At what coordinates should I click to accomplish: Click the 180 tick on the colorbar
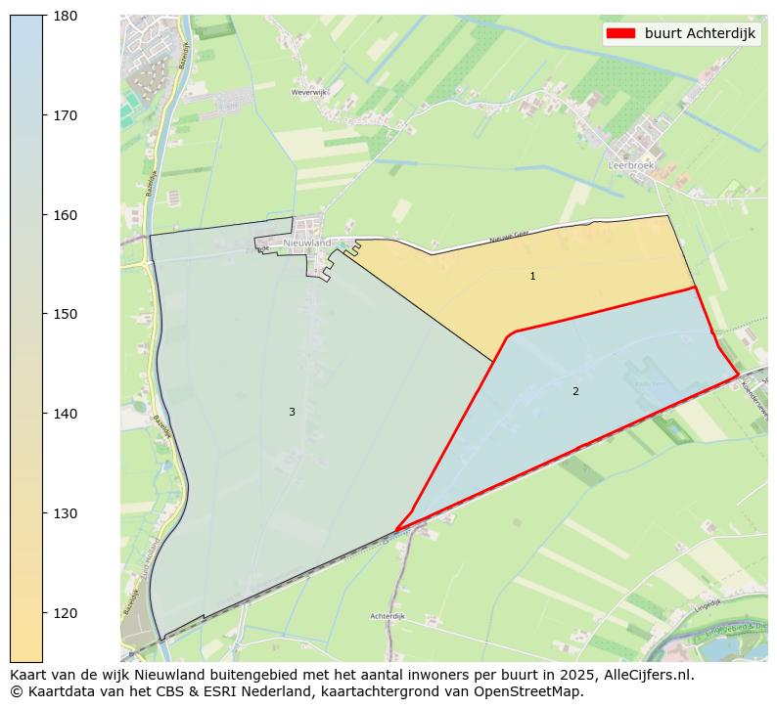64,16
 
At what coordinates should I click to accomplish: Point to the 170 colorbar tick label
64,115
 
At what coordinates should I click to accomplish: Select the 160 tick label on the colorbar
64,215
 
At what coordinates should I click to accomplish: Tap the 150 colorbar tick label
64,314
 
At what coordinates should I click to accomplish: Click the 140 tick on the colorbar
64,414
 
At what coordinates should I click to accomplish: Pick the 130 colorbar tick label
64,513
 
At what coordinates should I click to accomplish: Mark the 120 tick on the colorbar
64,613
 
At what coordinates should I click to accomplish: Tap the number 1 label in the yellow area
532,277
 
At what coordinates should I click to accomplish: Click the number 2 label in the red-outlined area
575,392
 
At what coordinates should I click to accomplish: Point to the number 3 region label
292,413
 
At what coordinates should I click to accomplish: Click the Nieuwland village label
307,243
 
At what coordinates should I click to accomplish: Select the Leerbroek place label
631,166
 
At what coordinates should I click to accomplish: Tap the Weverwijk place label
307,93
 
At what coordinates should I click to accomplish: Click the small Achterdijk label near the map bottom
388,616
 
